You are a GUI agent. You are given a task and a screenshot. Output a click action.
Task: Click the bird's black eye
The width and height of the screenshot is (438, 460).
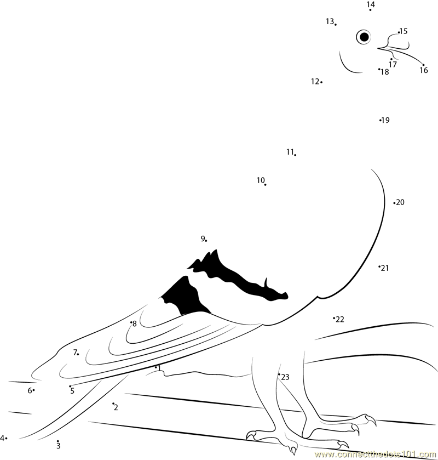point(364,37)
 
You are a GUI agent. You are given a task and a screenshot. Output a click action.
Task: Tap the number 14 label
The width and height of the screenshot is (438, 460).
point(371,4)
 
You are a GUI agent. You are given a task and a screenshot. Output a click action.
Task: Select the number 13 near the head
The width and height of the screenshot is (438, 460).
point(330,21)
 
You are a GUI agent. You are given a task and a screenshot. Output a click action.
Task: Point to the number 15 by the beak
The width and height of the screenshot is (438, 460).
point(404,31)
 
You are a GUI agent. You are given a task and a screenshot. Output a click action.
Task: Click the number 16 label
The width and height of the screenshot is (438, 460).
point(424,70)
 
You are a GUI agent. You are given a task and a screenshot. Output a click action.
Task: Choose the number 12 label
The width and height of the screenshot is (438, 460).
point(315,81)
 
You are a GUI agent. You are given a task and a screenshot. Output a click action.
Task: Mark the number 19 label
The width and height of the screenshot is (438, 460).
point(385,120)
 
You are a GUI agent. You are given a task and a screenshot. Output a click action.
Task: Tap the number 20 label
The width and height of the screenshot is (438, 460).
point(400,202)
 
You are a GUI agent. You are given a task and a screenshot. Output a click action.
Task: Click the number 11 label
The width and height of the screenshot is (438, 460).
point(290,152)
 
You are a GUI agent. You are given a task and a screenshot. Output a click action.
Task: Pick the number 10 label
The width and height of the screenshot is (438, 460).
point(261,180)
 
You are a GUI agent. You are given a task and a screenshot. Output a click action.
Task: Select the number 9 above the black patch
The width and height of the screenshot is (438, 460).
point(203,238)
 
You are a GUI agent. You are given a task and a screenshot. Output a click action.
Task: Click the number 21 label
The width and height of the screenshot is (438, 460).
point(385,268)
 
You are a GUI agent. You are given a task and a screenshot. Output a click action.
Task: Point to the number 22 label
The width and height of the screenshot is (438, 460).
point(340,319)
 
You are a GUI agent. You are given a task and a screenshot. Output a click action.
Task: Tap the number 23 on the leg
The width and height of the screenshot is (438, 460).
point(285,377)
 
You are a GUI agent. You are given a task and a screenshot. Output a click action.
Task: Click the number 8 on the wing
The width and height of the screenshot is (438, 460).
point(135,324)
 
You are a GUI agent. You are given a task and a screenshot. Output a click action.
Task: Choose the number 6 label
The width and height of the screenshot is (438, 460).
point(30,390)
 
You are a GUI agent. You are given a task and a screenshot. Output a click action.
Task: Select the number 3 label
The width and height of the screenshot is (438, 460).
point(58,446)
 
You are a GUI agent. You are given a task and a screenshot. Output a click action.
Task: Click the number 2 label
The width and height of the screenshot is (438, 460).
point(116,407)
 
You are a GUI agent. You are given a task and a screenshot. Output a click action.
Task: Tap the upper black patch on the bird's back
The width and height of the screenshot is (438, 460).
point(237,277)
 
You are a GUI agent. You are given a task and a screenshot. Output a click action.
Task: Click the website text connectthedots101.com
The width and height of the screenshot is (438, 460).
point(376,455)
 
